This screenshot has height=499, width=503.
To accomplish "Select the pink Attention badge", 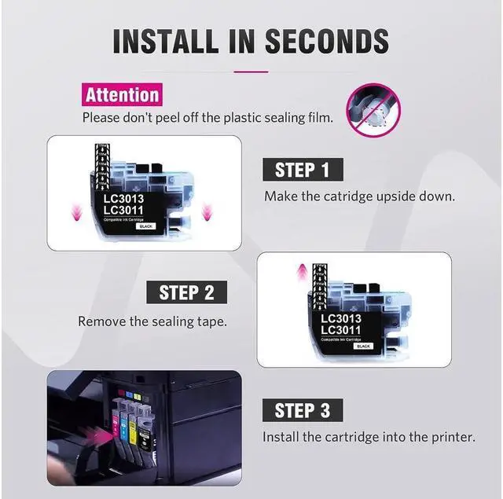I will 122,95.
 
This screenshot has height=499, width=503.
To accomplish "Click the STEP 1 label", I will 303,170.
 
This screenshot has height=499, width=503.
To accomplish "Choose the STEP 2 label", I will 187,293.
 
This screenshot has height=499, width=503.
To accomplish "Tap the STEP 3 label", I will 303,410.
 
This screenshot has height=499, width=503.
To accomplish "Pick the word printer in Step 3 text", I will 452,436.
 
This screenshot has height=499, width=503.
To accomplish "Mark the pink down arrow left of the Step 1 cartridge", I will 77,211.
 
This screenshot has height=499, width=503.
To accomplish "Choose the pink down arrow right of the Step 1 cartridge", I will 206,211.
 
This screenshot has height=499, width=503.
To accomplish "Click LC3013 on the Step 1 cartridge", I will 124,198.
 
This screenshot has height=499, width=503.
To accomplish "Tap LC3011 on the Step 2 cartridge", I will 342,331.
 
